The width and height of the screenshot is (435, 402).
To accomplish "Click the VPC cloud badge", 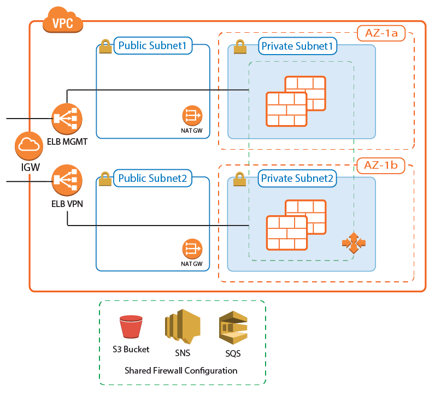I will tap(62, 22).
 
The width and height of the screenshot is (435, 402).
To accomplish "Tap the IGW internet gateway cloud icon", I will tap(27, 144).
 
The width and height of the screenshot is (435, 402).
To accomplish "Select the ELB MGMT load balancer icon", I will tap(67, 117).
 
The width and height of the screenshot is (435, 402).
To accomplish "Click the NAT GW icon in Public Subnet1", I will tap(192, 115).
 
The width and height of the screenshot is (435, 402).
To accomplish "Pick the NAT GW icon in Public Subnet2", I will tap(192, 249).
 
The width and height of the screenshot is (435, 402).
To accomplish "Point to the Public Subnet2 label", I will tap(153, 178).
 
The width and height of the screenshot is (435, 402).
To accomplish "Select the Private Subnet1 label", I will tap(297, 46).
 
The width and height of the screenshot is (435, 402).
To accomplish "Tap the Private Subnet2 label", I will tap(297, 178).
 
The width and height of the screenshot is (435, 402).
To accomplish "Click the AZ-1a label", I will tap(381, 34).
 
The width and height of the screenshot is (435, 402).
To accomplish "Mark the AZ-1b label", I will tap(381, 164).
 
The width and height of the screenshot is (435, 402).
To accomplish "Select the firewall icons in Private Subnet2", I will tap(296, 224).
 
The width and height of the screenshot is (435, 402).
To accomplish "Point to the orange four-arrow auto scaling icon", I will tap(354, 243).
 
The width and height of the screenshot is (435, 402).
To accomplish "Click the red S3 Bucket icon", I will tap(131, 327).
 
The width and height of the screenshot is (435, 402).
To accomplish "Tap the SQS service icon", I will tap(233, 328).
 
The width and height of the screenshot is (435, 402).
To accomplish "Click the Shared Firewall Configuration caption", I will tap(181, 370).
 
